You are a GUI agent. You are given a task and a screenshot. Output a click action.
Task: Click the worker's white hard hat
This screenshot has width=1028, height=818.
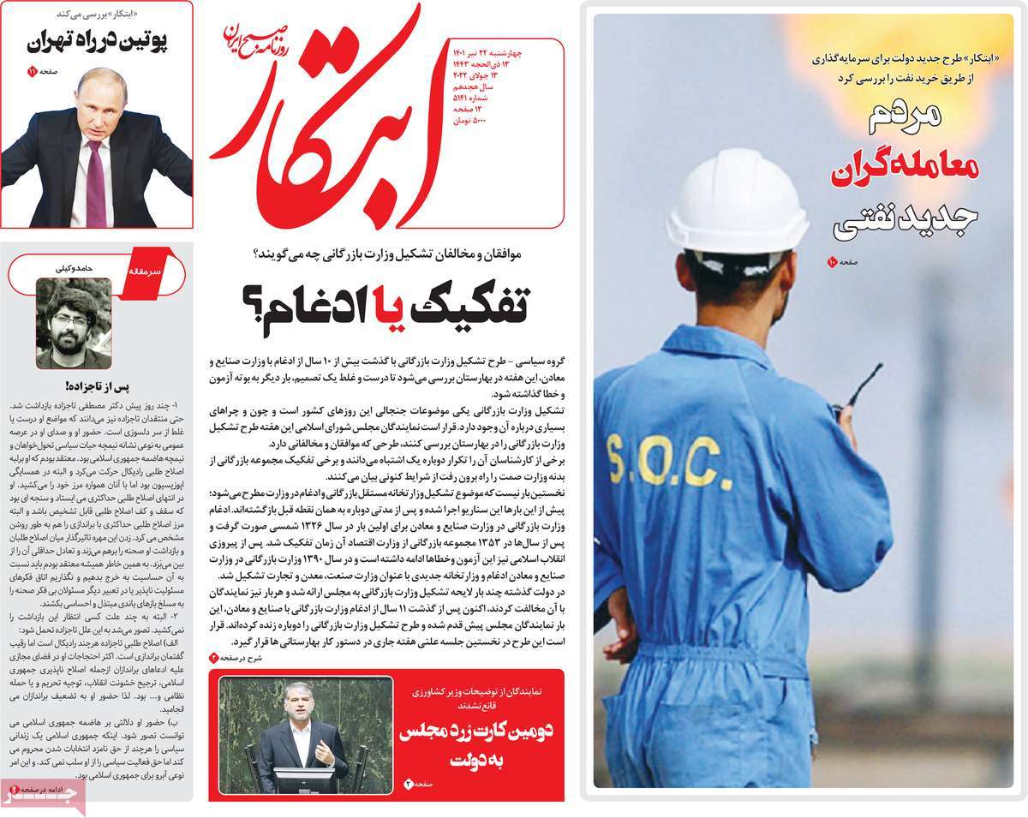coord(736,201)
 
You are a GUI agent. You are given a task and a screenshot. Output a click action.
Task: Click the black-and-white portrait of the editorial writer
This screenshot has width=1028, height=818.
coord(74,323)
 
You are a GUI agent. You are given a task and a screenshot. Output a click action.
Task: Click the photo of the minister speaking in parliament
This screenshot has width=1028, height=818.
coord(306,734)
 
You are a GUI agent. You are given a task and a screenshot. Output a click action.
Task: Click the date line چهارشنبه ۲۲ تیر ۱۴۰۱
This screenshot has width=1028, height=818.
coord(493,54)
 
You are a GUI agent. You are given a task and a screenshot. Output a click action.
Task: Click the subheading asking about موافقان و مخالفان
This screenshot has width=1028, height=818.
coord(392,255)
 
